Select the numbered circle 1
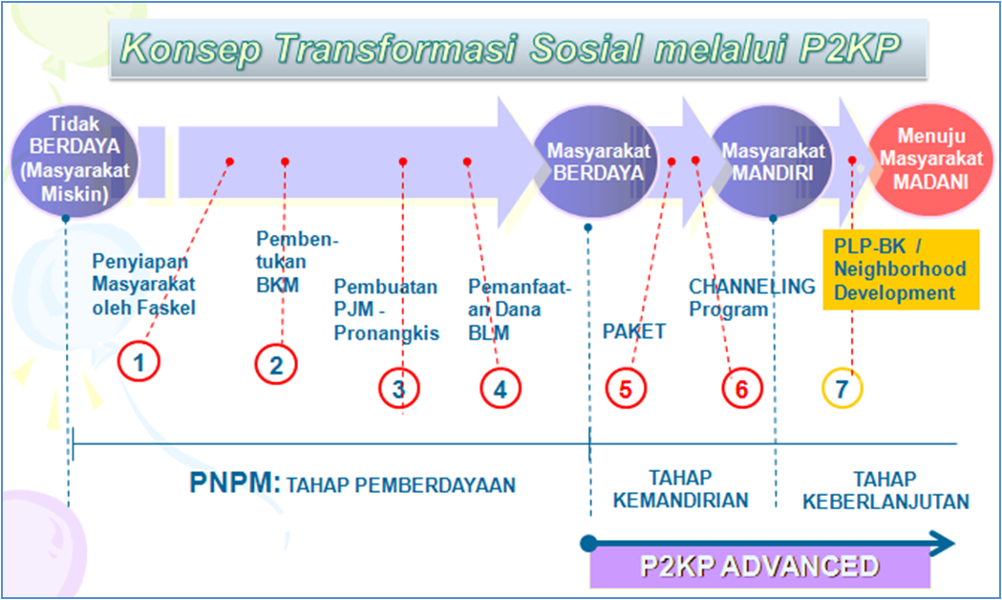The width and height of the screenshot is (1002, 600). coord(139,362)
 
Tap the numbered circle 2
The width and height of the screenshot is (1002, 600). coord(276,364)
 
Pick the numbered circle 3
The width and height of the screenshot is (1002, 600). coord(398,388)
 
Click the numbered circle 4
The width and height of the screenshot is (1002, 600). coord(500,388)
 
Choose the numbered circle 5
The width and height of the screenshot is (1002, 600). coord(626,388)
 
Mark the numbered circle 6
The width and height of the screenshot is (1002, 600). coord(741,388)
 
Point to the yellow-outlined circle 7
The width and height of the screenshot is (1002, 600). coord(842,388)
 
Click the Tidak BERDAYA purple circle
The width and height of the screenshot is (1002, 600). coord(75,159)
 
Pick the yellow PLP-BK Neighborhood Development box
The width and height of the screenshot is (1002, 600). coord(900,269)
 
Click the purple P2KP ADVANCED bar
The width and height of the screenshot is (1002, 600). coord(759,567)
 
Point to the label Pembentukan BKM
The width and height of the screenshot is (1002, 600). coord(297,261)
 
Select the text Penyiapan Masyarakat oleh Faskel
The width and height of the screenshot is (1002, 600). coord(143,284)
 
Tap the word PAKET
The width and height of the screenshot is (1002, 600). coord(633,332)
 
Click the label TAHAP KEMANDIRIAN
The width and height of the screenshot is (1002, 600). coord(680,489)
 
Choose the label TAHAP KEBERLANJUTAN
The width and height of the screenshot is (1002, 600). coord(885,490)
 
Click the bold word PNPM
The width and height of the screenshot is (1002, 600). coord(234,483)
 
